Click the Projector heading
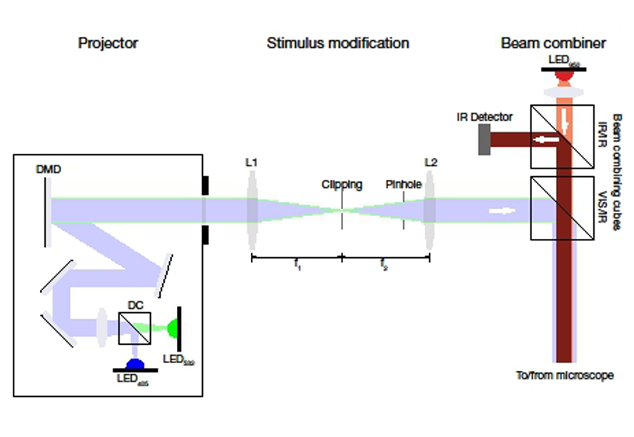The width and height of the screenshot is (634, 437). pyautogui.click(x=108, y=43)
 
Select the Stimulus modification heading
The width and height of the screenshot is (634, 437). pyautogui.click(x=337, y=43)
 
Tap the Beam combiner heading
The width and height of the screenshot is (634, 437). pyautogui.click(x=553, y=43)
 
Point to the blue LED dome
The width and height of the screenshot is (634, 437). pyautogui.click(x=134, y=364)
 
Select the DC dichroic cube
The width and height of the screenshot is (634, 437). pyautogui.click(x=134, y=328)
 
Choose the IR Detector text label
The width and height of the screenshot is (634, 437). pyautogui.click(x=483, y=117)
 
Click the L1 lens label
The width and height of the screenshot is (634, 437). pyautogui.click(x=251, y=163)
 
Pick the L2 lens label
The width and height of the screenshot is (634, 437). pyautogui.click(x=431, y=163)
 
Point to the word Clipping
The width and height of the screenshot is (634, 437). pyautogui.click(x=342, y=185)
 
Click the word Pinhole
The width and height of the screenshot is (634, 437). pyautogui.click(x=404, y=185)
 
